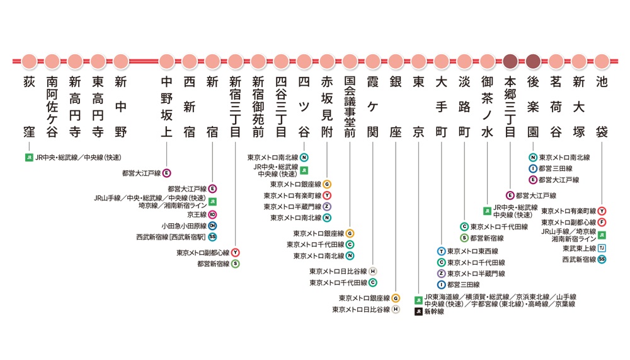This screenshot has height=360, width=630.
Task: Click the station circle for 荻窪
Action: coord(29,62)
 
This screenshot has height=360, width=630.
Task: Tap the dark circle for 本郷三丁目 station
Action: coord(510,62)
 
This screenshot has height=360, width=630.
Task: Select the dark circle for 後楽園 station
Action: coord(533,62)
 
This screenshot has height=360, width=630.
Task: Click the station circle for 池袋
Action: coord(602,62)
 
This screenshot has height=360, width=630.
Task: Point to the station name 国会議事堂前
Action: coord(350,107)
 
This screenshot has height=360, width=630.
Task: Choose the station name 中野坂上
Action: coord(167,107)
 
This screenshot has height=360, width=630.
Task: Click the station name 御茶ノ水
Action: coord(488,107)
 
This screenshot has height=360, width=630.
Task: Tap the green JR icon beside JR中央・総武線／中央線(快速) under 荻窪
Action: coord(29,157)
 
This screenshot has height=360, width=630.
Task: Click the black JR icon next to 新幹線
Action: coord(418,311)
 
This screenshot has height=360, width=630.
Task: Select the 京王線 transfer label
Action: coord(197,215)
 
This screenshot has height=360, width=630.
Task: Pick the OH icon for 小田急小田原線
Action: coord(212,226)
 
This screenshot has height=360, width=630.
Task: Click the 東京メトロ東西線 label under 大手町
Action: coord(472,252)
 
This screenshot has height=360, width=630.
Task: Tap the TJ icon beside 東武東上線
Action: coord(602,248)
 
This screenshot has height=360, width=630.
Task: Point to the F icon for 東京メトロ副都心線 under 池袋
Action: coord(602,223)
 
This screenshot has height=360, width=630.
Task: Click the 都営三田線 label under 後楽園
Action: coord(555,168)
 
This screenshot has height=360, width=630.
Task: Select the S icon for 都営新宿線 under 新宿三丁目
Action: coord(236,264)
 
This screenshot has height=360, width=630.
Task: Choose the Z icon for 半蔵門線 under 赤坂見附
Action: coord(327,207)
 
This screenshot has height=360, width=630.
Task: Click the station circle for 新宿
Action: coord(212,62)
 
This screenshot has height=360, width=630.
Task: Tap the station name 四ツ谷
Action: coord(304,107)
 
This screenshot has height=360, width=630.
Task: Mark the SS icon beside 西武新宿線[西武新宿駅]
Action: coord(212,237)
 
